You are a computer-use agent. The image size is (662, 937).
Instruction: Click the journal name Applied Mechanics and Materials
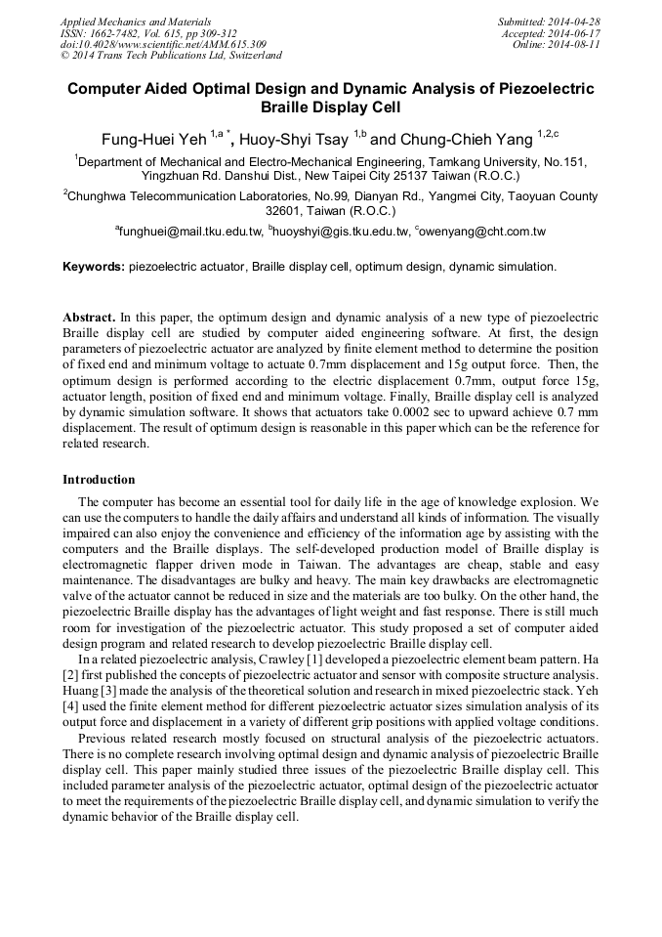[136, 21]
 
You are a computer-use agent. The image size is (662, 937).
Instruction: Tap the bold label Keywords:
[94, 267]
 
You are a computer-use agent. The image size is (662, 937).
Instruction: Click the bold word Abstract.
[89, 319]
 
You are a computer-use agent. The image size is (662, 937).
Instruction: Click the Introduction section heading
[99, 480]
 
